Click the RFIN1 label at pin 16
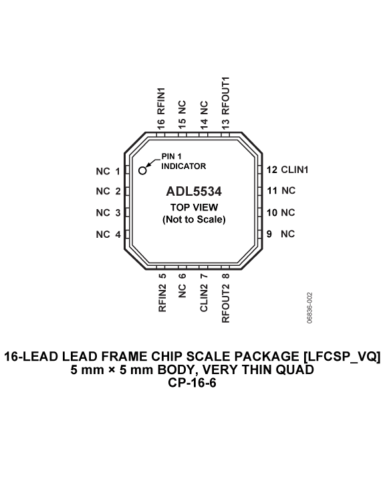pos(161,101)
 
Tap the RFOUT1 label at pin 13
pos(225,96)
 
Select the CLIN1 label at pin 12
pos(295,170)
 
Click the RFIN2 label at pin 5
pos(162,298)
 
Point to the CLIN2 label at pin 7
pos(204,298)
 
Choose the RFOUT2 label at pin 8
pos(225,303)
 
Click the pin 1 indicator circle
pos(142,170)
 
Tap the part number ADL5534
pos(194,192)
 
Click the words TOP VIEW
pos(194,207)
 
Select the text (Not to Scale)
pos(194,219)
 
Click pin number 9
pos(269,234)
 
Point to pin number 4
pos(118,234)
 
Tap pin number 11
pos(272,191)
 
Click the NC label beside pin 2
pos(103,192)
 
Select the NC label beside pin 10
pos(288,212)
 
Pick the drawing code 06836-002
pos(309,308)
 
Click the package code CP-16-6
pos(192,383)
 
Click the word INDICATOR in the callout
pos(184,166)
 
